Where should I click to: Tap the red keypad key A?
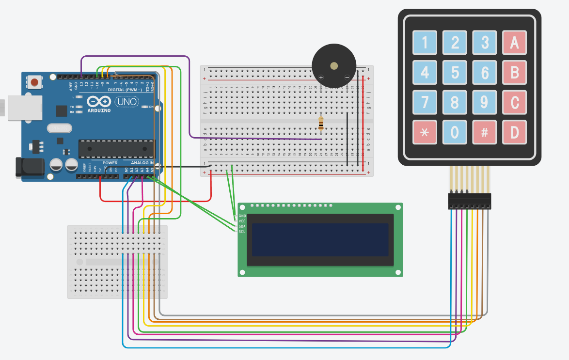[x=514, y=43]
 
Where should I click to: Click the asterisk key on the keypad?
[x=425, y=132]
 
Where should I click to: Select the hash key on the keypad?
[x=484, y=132]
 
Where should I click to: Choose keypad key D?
[x=514, y=132]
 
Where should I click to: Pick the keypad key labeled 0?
[x=455, y=132]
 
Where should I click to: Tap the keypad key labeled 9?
[x=484, y=102]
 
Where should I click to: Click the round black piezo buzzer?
[x=334, y=66]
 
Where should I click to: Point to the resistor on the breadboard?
[x=321, y=124]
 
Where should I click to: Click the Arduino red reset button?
[x=35, y=82]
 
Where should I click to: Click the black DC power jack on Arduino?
[x=28, y=167]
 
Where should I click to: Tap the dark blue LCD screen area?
[x=320, y=240]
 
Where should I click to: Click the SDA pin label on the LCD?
[x=242, y=226]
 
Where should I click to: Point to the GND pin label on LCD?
[x=242, y=216]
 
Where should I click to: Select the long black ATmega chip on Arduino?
[x=116, y=149]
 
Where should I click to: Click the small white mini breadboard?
[x=117, y=262]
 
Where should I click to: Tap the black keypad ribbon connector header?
[x=469, y=201]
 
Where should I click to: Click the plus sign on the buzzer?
[x=321, y=77]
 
